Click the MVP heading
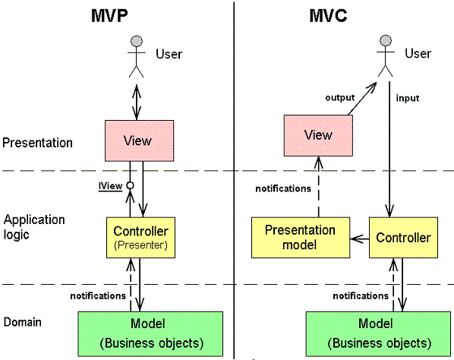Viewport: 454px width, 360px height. [x=109, y=15]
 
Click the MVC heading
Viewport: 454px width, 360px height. [x=328, y=15]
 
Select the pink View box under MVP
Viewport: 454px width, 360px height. [x=139, y=141]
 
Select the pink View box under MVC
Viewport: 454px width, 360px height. [x=318, y=135]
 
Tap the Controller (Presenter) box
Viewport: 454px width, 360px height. [x=140, y=238]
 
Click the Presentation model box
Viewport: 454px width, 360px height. [x=301, y=238]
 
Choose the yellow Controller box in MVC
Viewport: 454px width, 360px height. [x=403, y=238]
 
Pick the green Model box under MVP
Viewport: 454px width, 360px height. [x=150, y=334]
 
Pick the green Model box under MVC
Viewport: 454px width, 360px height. [x=378, y=334]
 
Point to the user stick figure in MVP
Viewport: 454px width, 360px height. [x=137, y=56]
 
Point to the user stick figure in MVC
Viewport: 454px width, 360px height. [x=386, y=56]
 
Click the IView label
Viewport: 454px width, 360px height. [x=110, y=186]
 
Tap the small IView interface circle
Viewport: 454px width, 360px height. [x=131, y=185]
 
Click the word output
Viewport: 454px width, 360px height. [x=340, y=98]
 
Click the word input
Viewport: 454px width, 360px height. [x=408, y=98]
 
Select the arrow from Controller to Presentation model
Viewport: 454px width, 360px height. [x=360, y=239]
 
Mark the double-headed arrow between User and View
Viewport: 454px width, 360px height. [x=137, y=102]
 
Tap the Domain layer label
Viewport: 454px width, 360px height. [x=22, y=322]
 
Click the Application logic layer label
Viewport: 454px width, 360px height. [x=34, y=227]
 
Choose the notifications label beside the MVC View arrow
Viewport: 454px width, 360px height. [x=283, y=189]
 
